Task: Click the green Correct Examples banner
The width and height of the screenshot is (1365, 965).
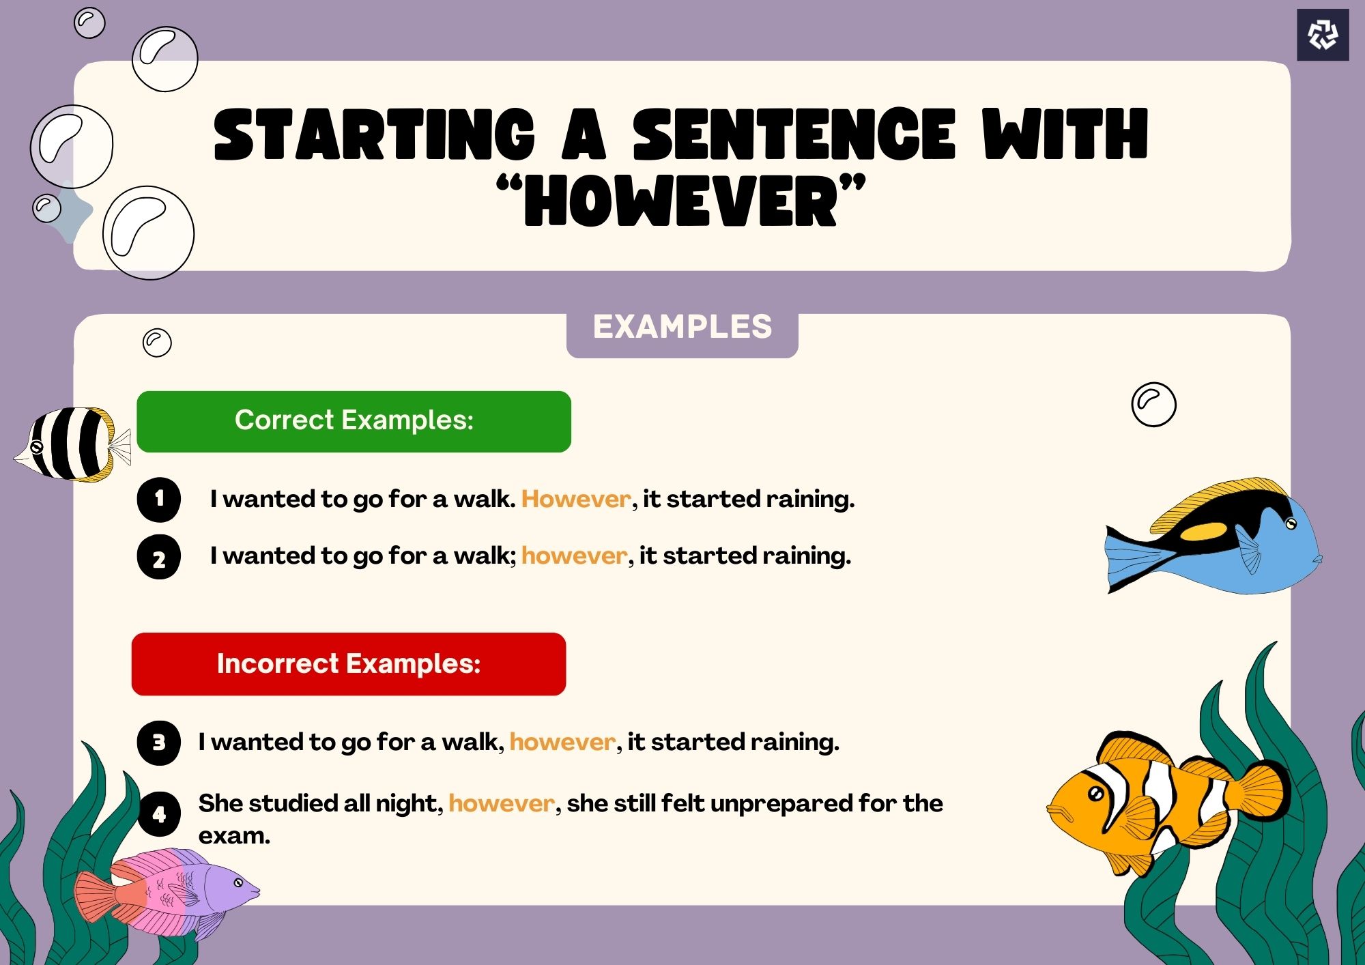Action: [x=354, y=421]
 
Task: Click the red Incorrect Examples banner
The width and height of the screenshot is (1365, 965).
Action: [x=348, y=664]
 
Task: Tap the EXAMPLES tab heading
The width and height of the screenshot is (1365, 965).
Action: [x=682, y=327]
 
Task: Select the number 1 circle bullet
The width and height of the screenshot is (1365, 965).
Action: [x=159, y=500]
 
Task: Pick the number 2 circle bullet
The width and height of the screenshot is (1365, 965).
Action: [x=159, y=558]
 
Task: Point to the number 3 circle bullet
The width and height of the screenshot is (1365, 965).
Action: [x=159, y=743]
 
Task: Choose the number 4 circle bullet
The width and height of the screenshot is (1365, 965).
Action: [x=159, y=813]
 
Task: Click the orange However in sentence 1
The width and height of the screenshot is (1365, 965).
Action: [x=575, y=500]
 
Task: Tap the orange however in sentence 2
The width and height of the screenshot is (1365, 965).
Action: [x=573, y=556]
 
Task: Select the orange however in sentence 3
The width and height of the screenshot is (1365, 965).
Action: [x=562, y=743]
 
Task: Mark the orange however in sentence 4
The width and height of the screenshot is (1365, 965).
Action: [x=501, y=804]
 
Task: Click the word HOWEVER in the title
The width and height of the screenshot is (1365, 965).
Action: [x=681, y=201]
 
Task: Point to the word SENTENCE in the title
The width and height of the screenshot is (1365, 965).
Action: [x=793, y=134]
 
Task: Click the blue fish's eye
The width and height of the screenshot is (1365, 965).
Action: [x=1291, y=523]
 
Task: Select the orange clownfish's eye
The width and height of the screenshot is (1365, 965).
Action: [x=1095, y=794]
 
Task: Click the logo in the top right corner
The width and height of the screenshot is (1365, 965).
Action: [x=1322, y=35]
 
